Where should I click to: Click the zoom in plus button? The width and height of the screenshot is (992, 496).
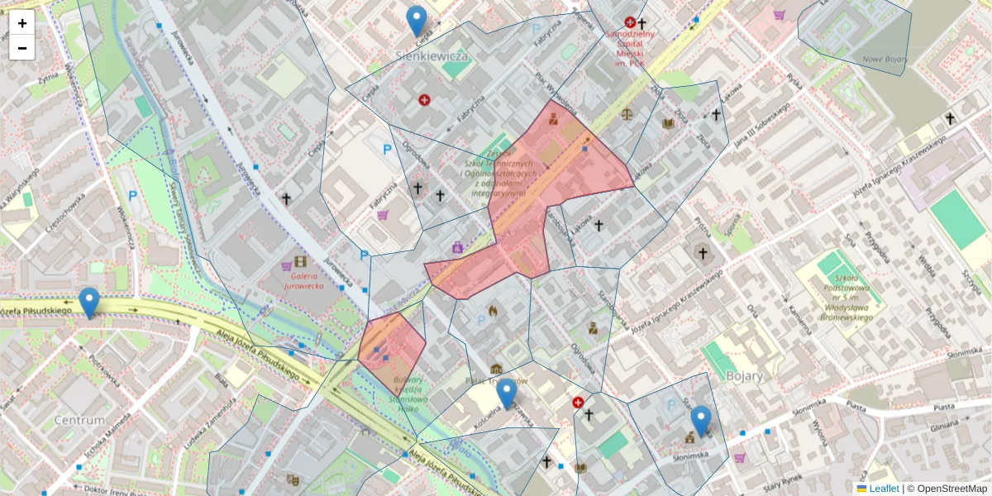pyautogui.click(x=22, y=22)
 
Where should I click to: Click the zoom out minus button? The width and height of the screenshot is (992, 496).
pyautogui.click(x=22, y=48)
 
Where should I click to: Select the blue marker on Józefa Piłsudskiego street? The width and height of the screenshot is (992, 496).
pyautogui.click(x=89, y=303)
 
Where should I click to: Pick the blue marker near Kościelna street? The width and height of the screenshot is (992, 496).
pyautogui.click(x=506, y=394)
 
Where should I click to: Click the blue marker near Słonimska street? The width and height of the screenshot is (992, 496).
pyautogui.click(x=701, y=422)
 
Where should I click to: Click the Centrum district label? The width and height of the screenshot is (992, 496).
pyautogui.click(x=79, y=420)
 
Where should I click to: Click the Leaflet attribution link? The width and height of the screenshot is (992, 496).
pyautogui.click(x=883, y=489)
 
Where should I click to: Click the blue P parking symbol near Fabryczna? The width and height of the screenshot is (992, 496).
pyautogui.click(x=387, y=150)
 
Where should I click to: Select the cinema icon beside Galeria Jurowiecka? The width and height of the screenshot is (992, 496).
pyautogui.click(x=299, y=261)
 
